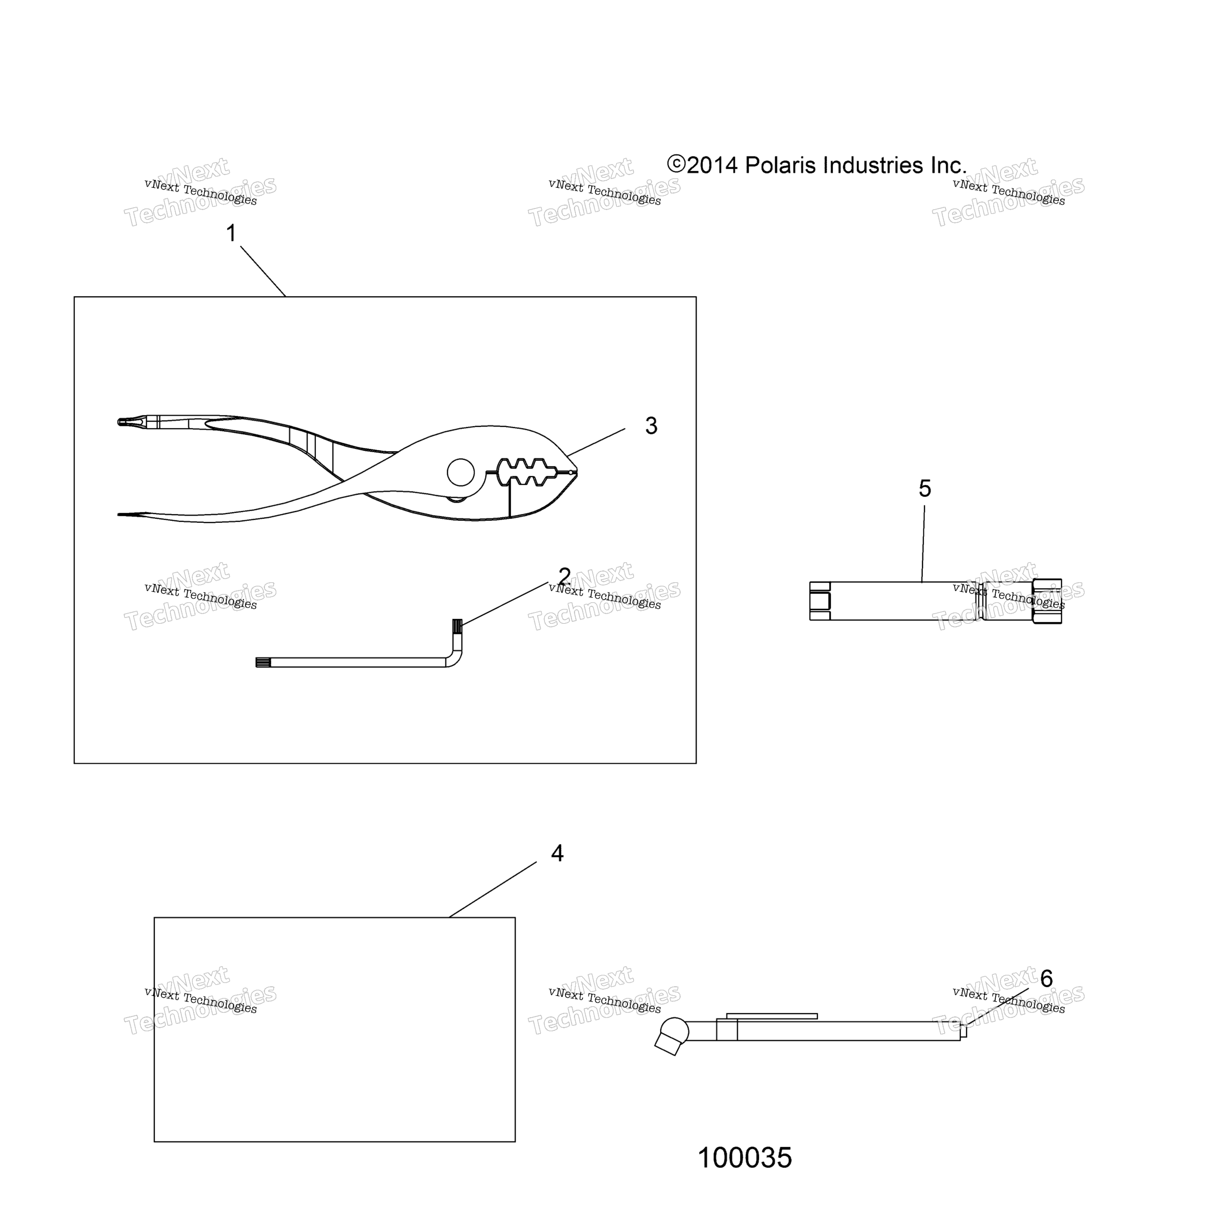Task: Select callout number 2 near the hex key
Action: click(564, 576)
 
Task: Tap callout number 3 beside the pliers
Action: click(651, 426)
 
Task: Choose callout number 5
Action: click(925, 488)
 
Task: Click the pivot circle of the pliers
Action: click(460, 473)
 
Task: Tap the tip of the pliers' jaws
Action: click(576, 473)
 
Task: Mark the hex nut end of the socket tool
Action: click(1047, 601)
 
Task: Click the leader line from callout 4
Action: click(493, 890)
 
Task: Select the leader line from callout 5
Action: click(923, 544)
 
